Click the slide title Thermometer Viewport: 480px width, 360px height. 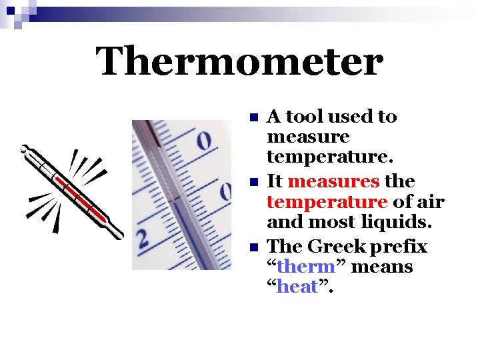pyautogui.click(x=239, y=62)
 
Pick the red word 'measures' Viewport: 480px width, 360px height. pyautogui.click(x=335, y=182)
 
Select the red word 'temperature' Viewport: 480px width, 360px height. pyautogui.click(x=327, y=202)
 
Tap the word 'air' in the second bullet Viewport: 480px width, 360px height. pyautogui.click(x=431, y=202)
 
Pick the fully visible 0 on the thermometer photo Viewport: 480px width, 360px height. pyautogui.click(x=204, y=141)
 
